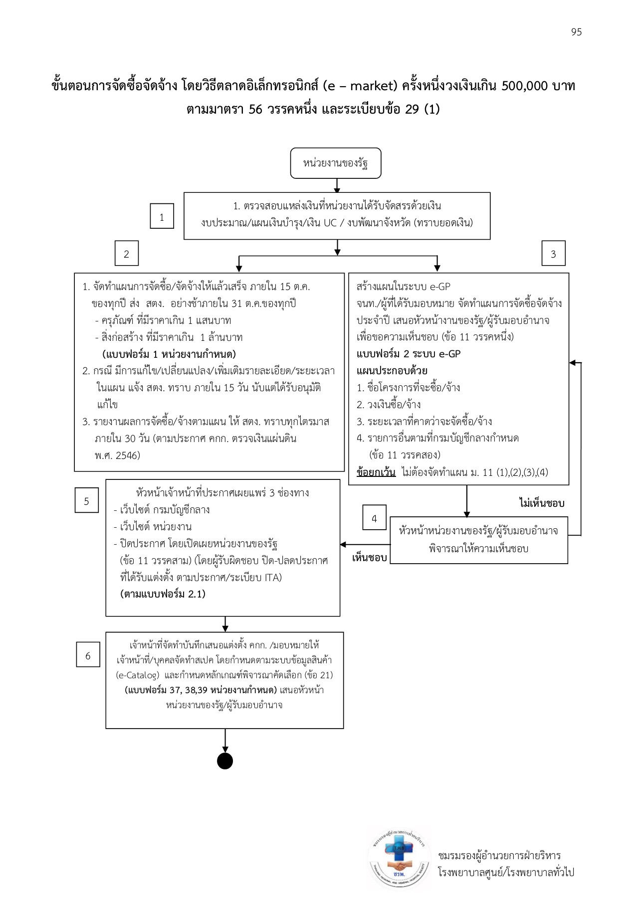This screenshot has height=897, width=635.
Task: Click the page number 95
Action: click(576, 32)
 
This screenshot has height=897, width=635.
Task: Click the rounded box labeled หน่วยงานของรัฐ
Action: click(336, 163)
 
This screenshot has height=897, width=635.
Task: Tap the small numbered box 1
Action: click(162, 216)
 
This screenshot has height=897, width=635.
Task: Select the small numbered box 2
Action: click(126, 254)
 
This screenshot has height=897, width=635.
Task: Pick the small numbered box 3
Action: click(553, 254)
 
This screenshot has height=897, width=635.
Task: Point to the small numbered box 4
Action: click(374, 519)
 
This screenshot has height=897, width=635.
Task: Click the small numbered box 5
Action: click(86, 501)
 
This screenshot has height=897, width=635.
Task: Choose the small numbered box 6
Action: click(88, 656)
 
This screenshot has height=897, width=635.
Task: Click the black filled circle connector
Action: click(225, 761)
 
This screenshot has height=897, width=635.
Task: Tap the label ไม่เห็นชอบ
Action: click(541, 503)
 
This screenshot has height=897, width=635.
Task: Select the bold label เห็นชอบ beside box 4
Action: click(370, 558)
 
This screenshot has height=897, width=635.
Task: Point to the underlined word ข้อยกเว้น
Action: click(376, 472)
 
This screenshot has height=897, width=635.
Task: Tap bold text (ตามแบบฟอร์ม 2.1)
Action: click(163, 594)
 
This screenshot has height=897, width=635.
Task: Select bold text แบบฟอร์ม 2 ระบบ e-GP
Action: click(409, 354)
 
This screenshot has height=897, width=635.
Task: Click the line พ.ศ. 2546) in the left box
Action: click(117, 455)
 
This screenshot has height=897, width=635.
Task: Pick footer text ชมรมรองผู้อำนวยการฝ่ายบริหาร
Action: click(499, 856)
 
